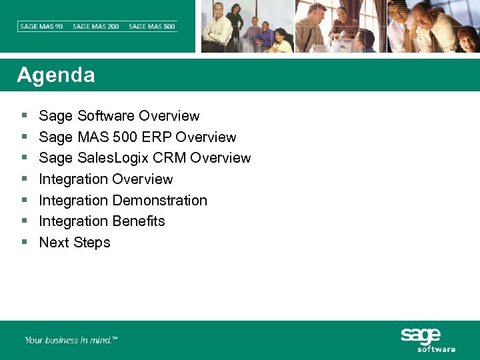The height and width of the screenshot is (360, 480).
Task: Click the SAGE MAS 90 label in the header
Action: click(41, 27)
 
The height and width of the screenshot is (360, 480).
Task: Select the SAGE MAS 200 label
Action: click(96, 27)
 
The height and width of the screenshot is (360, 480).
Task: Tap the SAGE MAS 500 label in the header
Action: click(152, 27)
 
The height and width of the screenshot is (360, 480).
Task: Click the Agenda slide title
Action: click(56, 75)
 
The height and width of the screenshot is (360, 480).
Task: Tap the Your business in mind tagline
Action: click(71, 340)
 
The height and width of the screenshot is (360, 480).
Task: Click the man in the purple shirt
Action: click(265, 36)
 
